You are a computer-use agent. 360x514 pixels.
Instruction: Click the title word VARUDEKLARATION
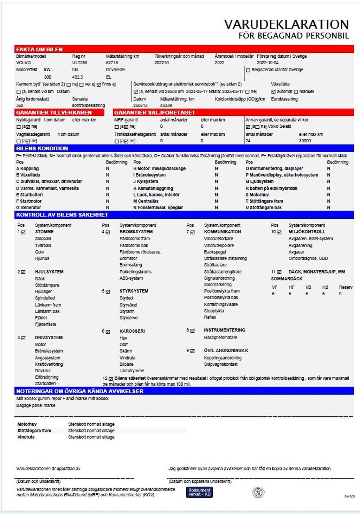(x=286, y=24)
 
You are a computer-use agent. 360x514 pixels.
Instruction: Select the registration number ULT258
(x=79, y=63)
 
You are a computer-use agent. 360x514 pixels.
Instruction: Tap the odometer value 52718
(x=112, y=63)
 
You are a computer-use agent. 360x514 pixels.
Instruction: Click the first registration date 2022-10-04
(x=268, y=63)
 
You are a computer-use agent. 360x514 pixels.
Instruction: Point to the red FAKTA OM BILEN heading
(x=39, y=50)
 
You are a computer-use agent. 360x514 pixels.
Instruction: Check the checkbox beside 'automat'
(x=273, y=92)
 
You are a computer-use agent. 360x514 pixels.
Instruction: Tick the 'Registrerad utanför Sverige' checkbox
(x=248, y=70)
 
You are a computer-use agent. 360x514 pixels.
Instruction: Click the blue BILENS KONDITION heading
(x=42, y=148)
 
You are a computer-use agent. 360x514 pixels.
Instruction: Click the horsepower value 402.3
(x=77, y=77)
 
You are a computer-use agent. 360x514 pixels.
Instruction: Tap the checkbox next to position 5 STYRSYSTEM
(x=108, y=291)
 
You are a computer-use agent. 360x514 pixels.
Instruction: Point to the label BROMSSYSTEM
(x=136, y=232)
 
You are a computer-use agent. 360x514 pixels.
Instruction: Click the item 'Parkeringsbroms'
(x=135, y=272)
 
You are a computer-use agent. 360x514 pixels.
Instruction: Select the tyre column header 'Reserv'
(x=346, y=287)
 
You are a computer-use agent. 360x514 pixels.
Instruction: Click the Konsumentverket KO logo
(x=199, y=492)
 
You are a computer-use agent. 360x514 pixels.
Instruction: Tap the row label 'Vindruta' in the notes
(x=26, y=437)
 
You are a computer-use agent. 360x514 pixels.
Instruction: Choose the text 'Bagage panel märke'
(x=36, y=405)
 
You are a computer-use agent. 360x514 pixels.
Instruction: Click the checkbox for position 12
(x=111, y=379)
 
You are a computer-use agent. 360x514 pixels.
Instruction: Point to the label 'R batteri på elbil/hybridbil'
(x=271, y=188)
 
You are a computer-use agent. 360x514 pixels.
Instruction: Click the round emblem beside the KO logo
(x=258, y=492)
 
